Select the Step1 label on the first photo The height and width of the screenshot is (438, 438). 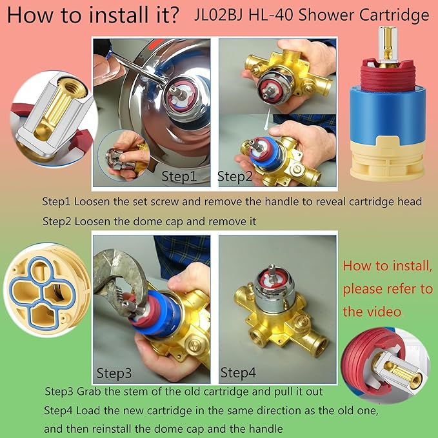click(176, 175)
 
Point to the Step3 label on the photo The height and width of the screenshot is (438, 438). click(114, 372)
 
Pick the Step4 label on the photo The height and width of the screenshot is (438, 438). click(238, 372)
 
